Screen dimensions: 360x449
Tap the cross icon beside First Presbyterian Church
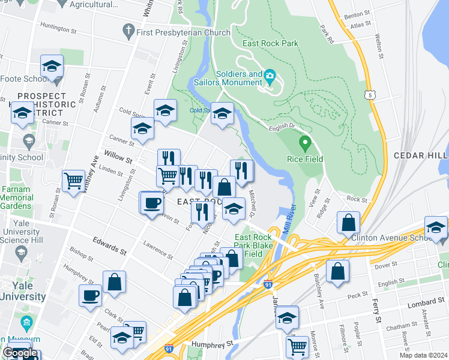[x=127, y=29]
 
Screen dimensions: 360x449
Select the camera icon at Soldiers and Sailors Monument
[x=270, y=76]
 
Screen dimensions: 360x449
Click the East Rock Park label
[x=270, y=44]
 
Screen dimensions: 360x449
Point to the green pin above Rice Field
[x=305, y=144]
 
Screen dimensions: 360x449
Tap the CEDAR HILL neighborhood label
[x=421, y=155]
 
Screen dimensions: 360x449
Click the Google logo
[x=20, y=353]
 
